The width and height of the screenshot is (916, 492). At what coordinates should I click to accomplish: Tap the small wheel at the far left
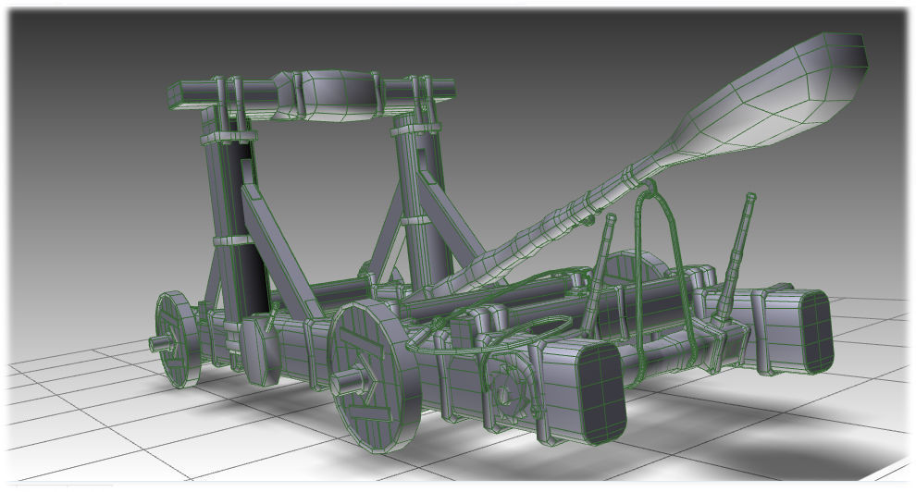pos(176,338)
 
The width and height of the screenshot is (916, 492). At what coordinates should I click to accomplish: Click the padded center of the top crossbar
pos(333,92)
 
